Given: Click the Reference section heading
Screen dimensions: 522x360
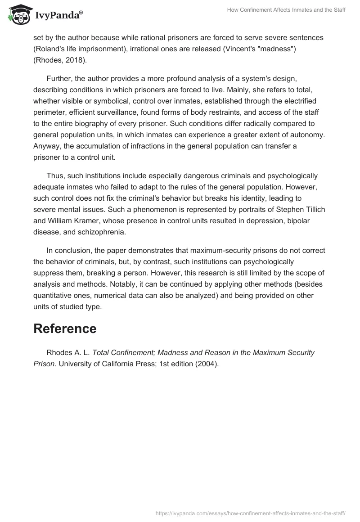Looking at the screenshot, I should point(65,329).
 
